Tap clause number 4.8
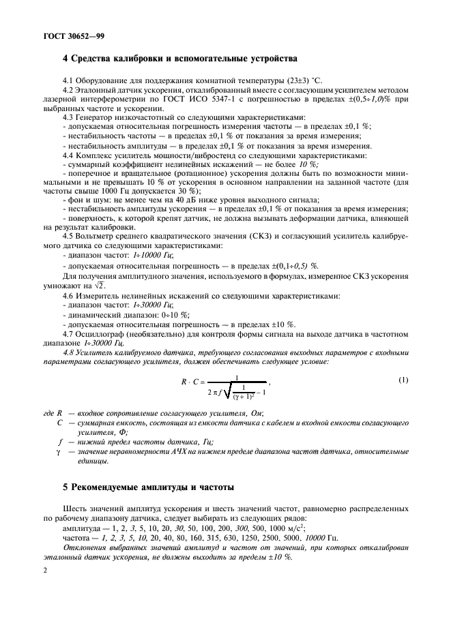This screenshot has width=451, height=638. pos(70,352)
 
